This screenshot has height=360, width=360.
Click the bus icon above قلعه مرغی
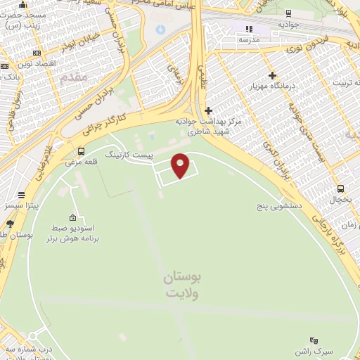click(x=82, y=151)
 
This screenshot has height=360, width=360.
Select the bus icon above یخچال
click(x=341, y=188)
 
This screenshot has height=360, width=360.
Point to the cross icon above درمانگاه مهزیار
click(x=272, y=75)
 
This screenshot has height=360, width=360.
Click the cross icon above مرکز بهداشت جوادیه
click(x=207, y=110)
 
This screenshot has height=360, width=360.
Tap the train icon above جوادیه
click(x=288, y=13)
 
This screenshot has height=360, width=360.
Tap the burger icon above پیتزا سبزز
click(x=22, y=195)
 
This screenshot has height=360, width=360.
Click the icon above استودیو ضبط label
click(x=72, y=217)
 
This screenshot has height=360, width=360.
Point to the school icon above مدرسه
click(x=247, y=29)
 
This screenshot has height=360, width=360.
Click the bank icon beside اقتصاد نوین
click(x=37, y=53)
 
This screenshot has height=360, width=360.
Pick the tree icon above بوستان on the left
click(x=9, y=224)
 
